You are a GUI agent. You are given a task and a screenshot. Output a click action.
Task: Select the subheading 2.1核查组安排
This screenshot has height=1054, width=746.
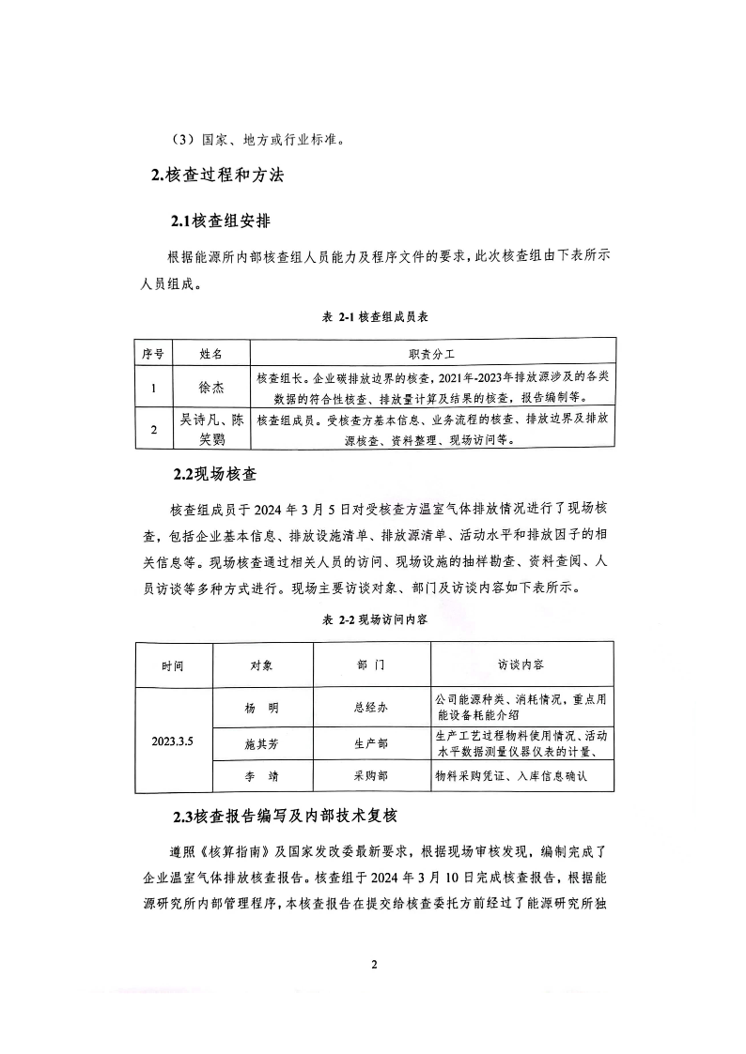222,221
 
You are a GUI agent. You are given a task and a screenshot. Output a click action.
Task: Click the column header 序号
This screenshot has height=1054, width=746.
152,354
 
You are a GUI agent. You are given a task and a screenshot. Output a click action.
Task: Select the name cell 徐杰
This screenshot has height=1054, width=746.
211,386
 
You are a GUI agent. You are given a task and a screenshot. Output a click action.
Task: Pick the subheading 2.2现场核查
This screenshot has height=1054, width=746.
214,473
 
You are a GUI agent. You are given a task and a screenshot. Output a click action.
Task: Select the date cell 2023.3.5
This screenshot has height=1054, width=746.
173,741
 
